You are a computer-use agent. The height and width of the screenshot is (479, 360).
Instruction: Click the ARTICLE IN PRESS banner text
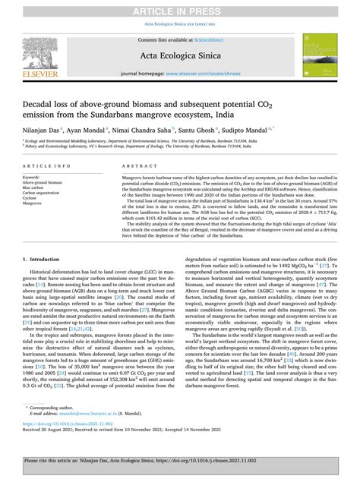pos(180,8)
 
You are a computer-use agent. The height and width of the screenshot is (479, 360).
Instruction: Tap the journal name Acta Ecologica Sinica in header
pos(180,56)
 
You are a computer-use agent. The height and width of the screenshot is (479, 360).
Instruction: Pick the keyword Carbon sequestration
pos(39,193)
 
